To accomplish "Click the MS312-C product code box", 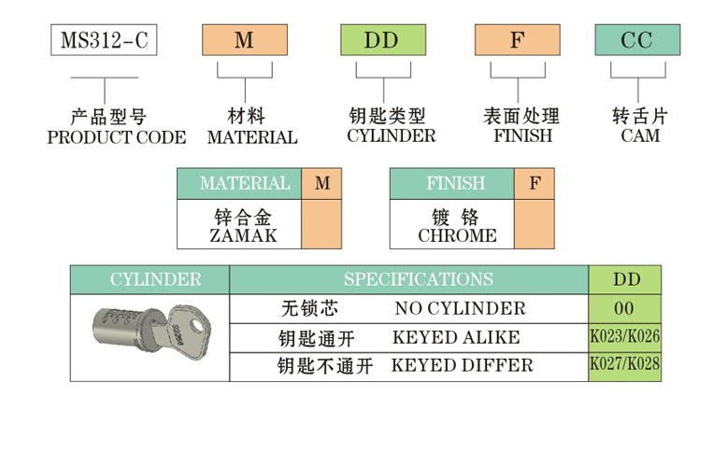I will [x=103, y=39].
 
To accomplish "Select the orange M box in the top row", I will [x=243, y=39].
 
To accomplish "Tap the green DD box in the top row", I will [x=381, y=39].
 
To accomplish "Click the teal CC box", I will [x=638, y=39].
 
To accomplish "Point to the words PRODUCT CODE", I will [x=116, y=137].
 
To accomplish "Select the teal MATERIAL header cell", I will [x=239, y=184].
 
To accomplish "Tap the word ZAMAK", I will [x=239, y=235].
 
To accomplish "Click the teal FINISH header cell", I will [x=451, y=184].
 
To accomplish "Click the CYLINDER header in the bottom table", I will [x=150, y=280].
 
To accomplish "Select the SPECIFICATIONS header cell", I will [x=408, y=280].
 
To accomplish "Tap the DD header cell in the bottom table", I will [x=624, y=280].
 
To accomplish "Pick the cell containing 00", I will [x=624, y=308].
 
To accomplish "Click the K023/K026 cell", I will [x=624, y=337].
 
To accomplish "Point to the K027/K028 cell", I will [x=624, y=365].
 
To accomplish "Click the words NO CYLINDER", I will [x=460, y=308].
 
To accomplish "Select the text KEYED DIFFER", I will [x=462, y=365].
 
